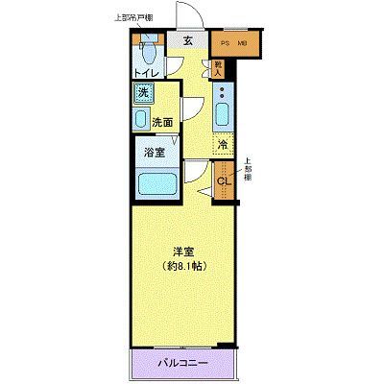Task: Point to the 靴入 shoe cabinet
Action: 218,67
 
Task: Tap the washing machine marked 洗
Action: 142,93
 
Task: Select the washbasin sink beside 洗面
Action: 139,120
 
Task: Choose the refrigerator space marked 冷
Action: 222,145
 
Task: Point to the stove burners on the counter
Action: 223,94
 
